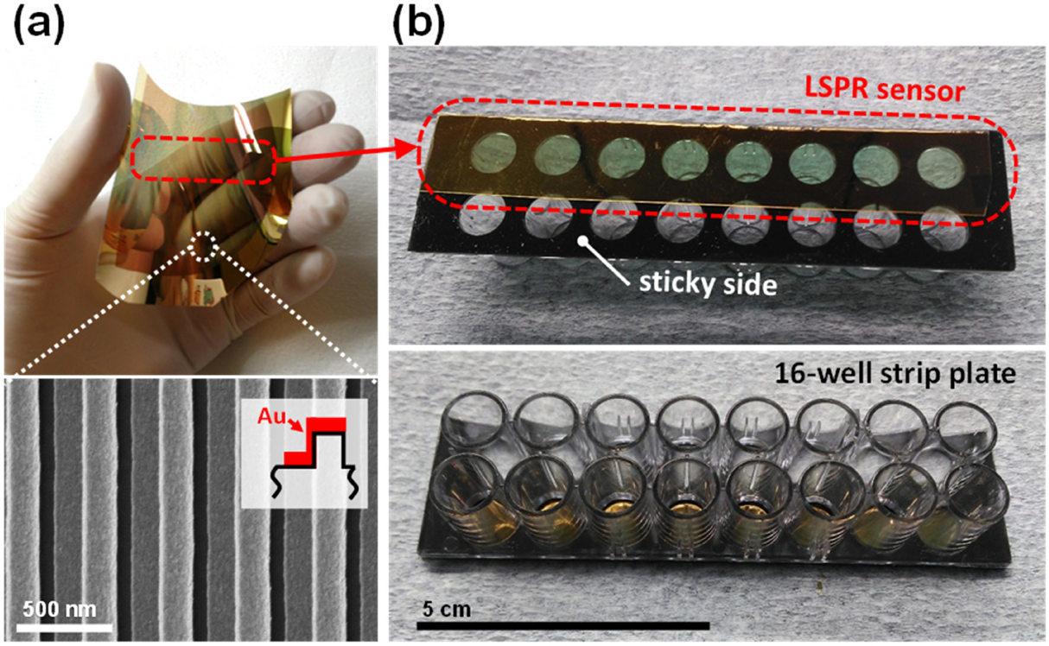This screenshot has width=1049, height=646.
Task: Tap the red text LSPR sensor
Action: [874, 90]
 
